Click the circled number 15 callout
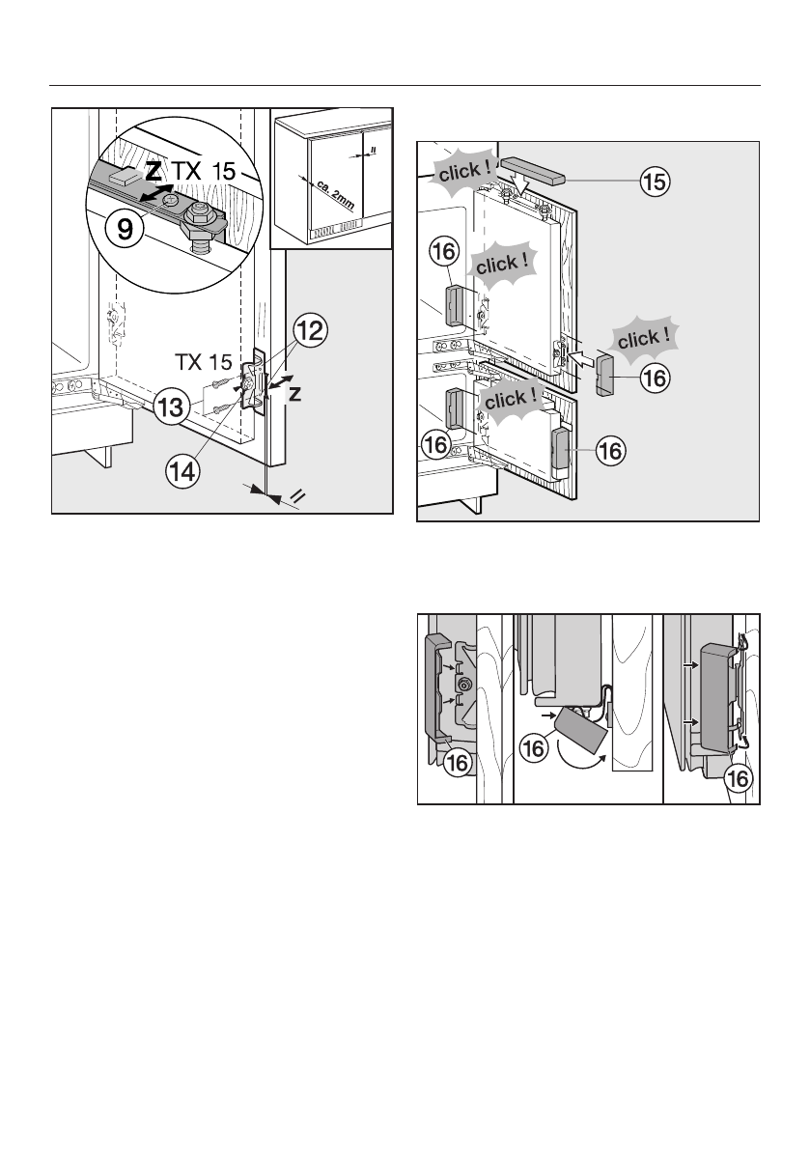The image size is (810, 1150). click(x=656, y=180)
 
